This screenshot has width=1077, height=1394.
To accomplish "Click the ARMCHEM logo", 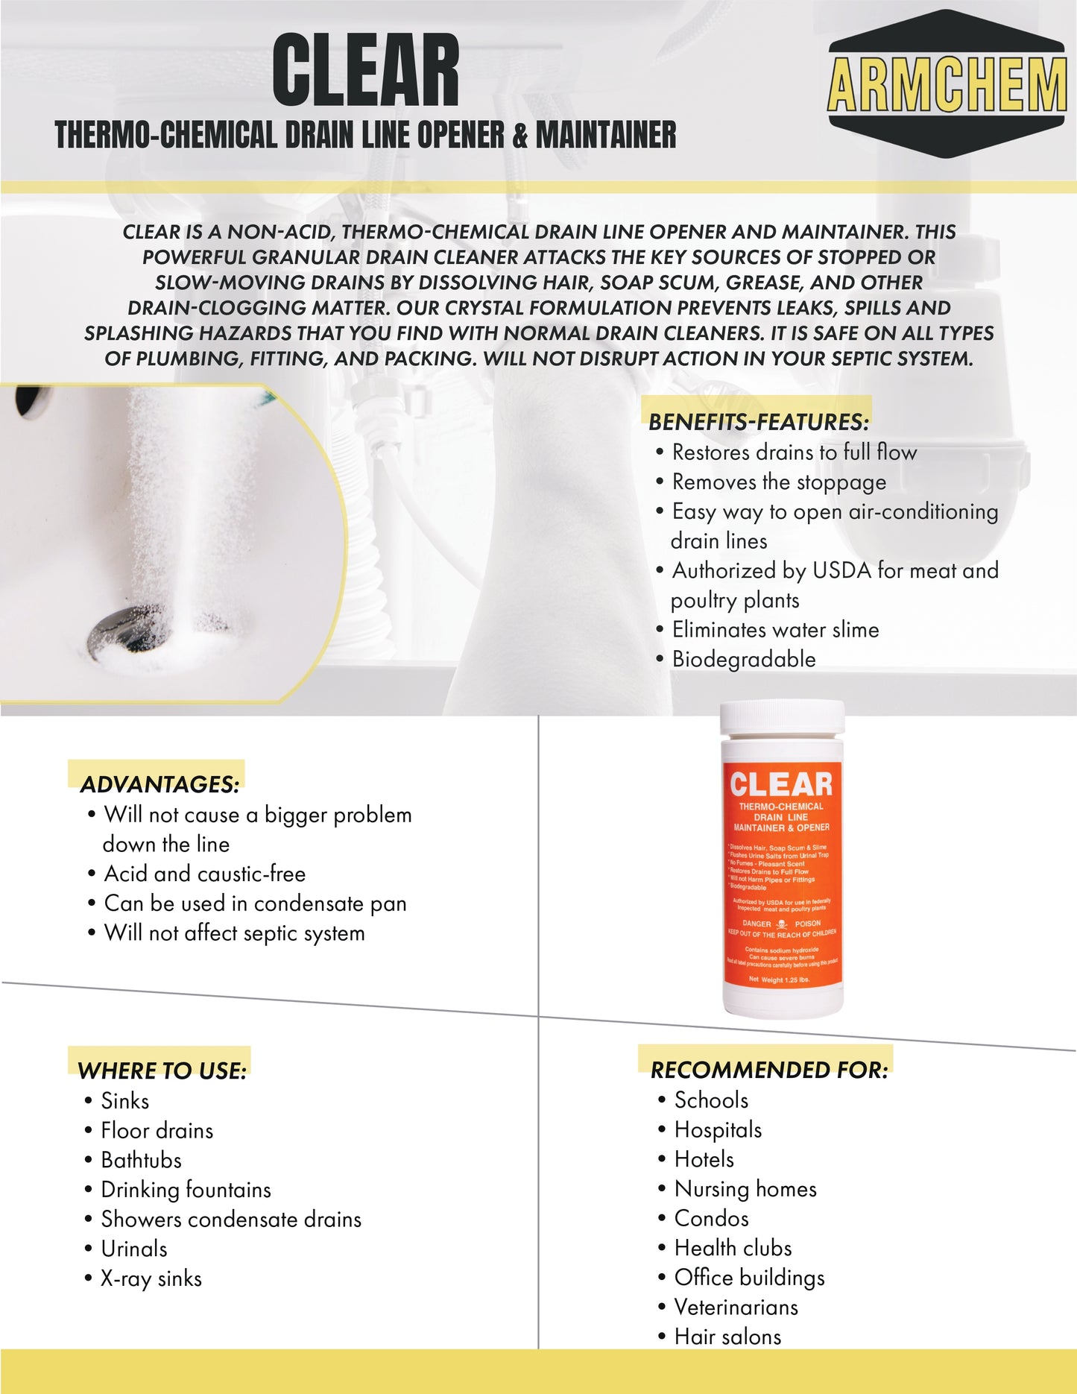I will pyautogui.click(x=947, y=83).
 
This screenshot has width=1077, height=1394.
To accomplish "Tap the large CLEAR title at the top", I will pyautogui.click(x=365, y=72).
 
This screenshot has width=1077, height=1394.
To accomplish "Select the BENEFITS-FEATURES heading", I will pyautogui.click(x=758, y=422).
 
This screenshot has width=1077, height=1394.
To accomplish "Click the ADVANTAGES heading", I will pyautogui.click(x=160, y=784).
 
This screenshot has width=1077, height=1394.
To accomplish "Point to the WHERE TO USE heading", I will pyautogui.click(x=162, y=1071).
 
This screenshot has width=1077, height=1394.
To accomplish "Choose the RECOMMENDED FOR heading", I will pyautogui.click(x=768, y=1070).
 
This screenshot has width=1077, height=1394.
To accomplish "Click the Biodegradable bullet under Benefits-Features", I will pyautogui.click(x=743, y=659).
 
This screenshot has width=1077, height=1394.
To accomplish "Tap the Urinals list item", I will pyautogui.click(x=134, y=1249).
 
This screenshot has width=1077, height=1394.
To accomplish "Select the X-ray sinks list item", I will pyautogui.click(x=151, y=1278).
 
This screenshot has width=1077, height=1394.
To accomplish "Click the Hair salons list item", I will pyautogui.click(x=727, y=1337).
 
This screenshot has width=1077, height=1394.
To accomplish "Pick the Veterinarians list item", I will pyautogui.click(x=736, y=1307).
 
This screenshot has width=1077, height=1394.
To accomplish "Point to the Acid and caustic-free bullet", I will pyautogui.click(x=204, y=874).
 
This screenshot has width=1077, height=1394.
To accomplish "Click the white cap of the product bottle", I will pyautogui.click(x=782, y=717).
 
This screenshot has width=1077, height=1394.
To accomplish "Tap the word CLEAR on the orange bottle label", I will pyautogui.click(x=781, y=784).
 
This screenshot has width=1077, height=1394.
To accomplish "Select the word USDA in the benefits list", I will pyautogui.click(x=841, y=570).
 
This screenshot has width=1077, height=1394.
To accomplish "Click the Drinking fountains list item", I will pyautogui.click(x=186, y=1190).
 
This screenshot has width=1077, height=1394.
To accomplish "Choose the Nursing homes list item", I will pyautogui.click(x=745, y=1189).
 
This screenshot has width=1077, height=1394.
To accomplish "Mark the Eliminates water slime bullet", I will pyautogui.click(x=775, y=630).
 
